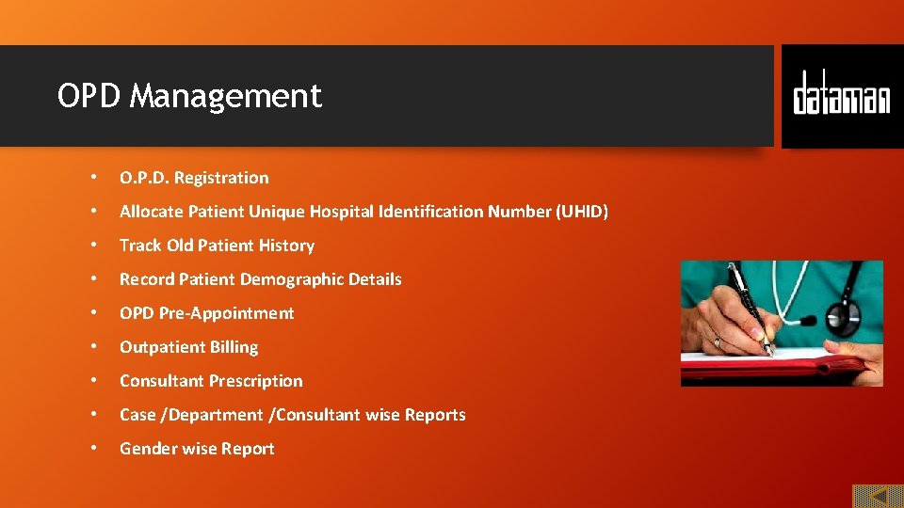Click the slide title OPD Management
point(189,96)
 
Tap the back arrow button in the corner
point(878,495)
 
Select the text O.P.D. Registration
point(194,178)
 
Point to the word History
point(286,246)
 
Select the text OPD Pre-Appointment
point(206,313)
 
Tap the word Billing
point(234,347)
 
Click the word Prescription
point(256,381)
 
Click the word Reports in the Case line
point(435,415)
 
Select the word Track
point(140,246)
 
